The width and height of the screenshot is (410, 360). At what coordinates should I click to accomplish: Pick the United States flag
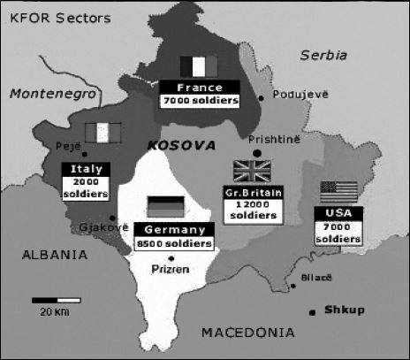[x=338, y=192]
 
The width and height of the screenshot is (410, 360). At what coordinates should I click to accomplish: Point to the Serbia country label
[x=323, y=55]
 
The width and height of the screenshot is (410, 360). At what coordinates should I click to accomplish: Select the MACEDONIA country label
[x=247, y=333]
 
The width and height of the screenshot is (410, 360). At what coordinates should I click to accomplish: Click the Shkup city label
[x=345, y=310]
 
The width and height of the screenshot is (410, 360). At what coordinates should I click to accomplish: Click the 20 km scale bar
[x=51, y=301]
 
